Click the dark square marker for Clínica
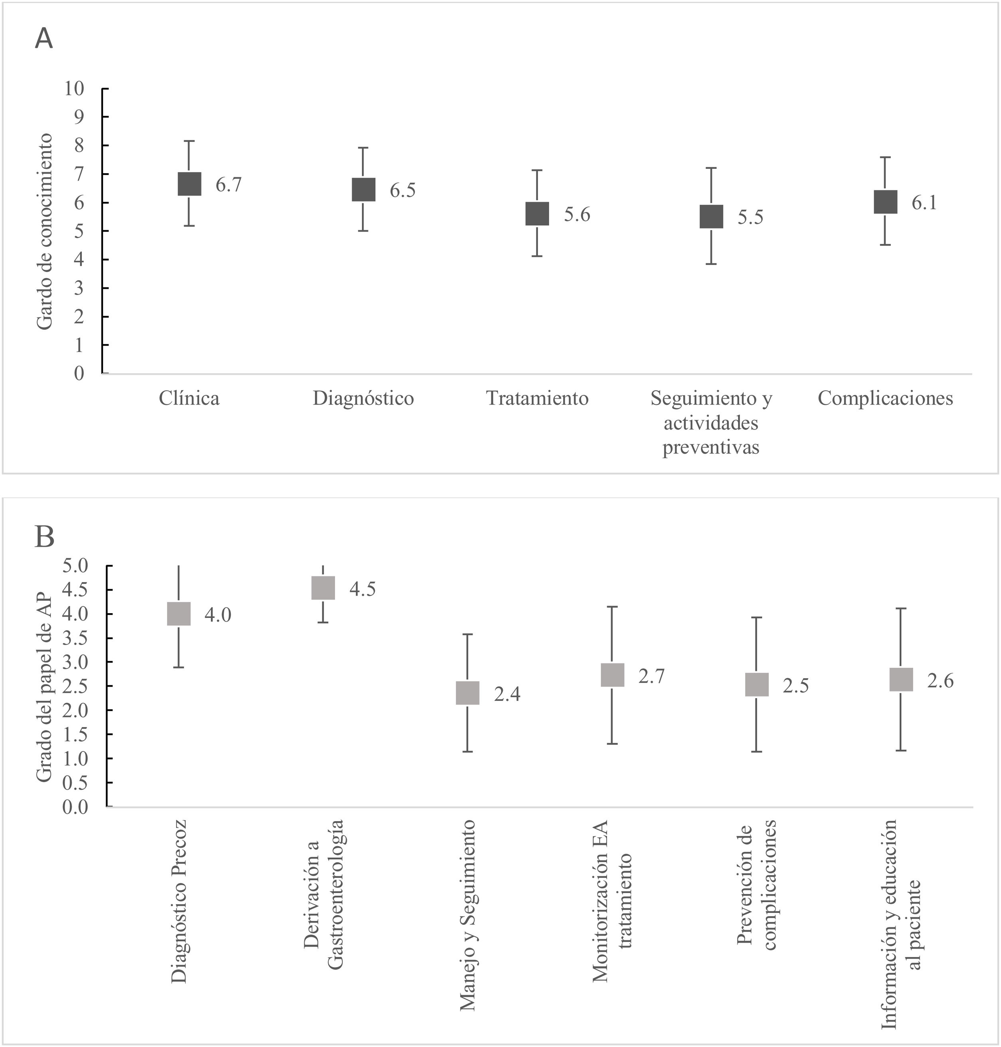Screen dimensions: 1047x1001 pyautogui.click(x=190, y=184)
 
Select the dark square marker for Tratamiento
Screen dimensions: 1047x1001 pyautogui.click(x=537, y=214)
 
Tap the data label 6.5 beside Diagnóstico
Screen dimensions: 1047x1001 pyautogui.click(x=402, y=190)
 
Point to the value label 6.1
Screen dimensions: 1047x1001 pyautogui.click(x=924, y=203)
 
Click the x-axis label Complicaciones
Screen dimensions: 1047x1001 pyautogui.click(x=885, y=398)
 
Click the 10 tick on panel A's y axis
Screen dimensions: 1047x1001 pyautogui.click(x=75, y=89)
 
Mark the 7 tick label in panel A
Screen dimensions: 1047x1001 pyautogui.click(x=79, y=174)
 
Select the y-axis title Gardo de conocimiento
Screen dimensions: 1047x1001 pyautogui.click(x=45, y=231)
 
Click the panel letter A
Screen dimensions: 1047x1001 pyautogui.click(x=44, y=39)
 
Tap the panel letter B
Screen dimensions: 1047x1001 pyautogui.click(x=44, y=537)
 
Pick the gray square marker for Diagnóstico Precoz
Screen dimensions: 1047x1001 pyautogui.click(x=179, y=614)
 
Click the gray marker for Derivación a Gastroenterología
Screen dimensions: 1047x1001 pyautogui.click(x=323, y=588)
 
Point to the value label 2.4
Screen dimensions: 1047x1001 pyautogui.click(x=507, y=694)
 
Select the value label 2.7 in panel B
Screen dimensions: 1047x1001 pyautogui.click(x=651, y=677)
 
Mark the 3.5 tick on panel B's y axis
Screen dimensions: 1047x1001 pyautogui.click(x=75, y=638)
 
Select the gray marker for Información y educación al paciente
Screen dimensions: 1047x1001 pyautogui.click(x=901, y=679)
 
